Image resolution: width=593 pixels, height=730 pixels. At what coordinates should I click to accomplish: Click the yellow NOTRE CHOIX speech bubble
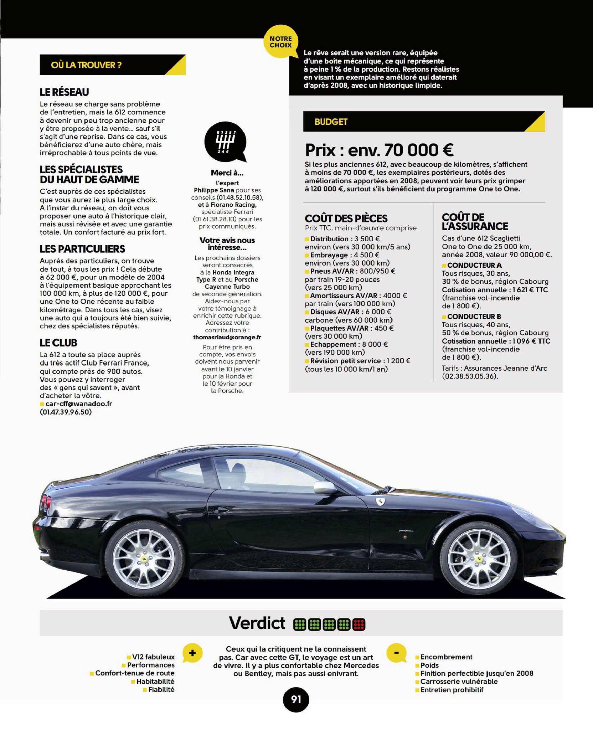point(281,41)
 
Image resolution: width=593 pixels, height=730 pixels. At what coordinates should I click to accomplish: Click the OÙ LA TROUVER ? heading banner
point(113,65)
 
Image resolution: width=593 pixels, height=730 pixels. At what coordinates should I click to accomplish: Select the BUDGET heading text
point(331,122)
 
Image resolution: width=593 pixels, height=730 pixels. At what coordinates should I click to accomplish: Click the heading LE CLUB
point(58,343)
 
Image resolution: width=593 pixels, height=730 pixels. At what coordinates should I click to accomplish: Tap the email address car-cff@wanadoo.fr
point(79,404)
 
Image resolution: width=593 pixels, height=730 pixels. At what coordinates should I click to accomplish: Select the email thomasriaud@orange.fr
point(227,337)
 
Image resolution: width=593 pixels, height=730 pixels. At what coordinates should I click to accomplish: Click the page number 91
point(296,699)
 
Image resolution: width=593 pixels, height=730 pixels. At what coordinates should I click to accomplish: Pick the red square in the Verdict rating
point(359,624)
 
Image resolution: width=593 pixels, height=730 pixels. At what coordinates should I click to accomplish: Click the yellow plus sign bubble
point(192,653)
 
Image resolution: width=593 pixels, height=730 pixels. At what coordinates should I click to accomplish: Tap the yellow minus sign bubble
point(396,653)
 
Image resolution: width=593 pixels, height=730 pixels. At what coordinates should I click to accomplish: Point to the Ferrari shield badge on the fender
point(380,502)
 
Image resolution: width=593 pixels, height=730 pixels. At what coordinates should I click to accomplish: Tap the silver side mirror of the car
point(324,487)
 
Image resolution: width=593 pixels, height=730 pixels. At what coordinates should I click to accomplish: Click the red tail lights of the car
point(45,503)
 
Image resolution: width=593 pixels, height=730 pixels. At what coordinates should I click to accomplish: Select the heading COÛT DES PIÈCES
point(346,218)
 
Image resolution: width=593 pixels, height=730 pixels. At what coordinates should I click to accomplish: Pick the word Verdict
point(257,623)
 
